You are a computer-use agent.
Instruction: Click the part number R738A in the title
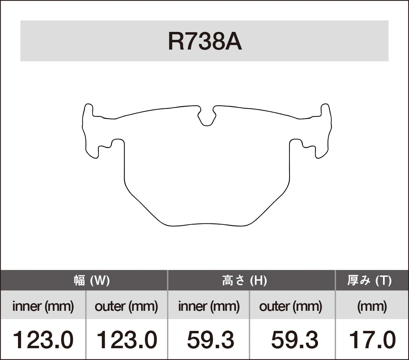point(204,42)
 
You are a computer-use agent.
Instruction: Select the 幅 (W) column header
point(92,280)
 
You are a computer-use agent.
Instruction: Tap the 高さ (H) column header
point(244,280)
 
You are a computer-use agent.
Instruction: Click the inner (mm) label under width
point(43,306)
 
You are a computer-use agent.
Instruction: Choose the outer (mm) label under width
point(126,306)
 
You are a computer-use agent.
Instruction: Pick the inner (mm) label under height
point(209,306)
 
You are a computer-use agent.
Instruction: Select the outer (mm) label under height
point(291,306)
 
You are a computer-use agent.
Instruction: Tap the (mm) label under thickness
point(372,306)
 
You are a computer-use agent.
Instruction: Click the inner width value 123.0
point(43,340)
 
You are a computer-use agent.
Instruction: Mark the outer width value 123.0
point(126,340)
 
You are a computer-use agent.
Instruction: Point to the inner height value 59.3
point(210,340)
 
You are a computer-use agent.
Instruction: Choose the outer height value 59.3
point(294,340)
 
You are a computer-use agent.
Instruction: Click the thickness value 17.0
point(372,340)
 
